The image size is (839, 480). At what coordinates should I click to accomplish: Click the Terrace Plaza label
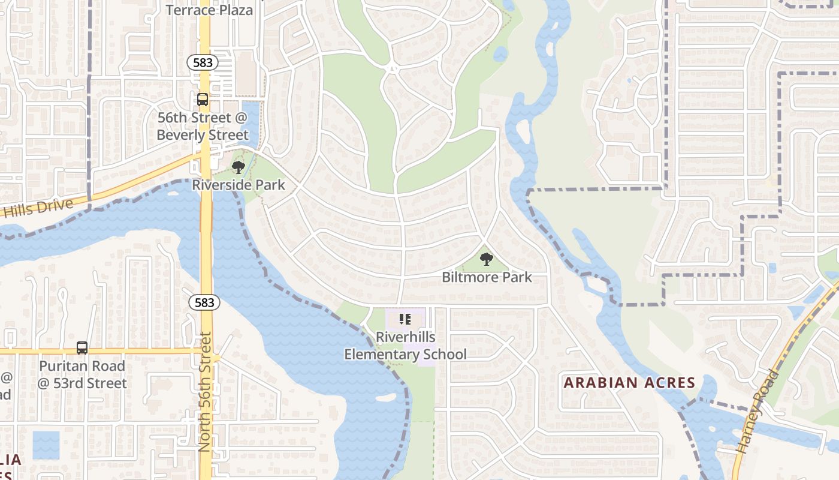(209, 10)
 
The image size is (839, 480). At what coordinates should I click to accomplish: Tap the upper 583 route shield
(202, 62)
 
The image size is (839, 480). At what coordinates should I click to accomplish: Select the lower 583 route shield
(204, 302)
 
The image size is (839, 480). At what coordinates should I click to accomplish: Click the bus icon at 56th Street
(203, 100)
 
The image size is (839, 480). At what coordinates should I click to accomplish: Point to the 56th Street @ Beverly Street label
(203, 126)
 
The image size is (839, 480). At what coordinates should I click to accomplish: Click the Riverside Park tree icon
(239, 167)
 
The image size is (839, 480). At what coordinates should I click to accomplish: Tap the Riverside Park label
(239, 184)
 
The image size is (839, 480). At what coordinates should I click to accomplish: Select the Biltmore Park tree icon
(487, 259)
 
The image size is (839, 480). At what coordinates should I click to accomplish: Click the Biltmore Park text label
(487, 277)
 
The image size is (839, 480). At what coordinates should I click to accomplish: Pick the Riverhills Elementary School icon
(405, 319)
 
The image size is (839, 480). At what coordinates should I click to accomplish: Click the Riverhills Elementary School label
(405, 346)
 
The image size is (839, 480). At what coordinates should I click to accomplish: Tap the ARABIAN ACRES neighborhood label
(629, 383)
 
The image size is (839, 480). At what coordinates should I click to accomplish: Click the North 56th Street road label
(206, 392)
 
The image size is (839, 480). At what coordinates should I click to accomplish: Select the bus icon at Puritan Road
(82, 348)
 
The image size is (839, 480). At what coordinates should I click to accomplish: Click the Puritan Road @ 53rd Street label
(82, 374)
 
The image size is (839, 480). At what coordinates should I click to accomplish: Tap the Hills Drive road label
(37, 208)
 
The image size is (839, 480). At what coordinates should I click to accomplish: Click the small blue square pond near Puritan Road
(46, 445)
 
